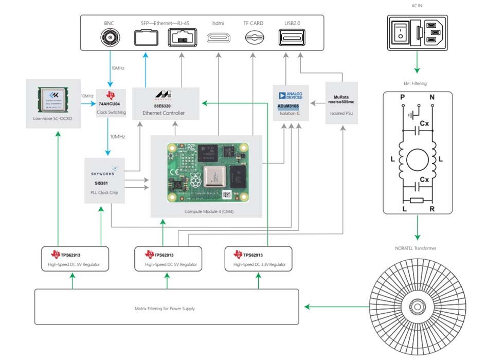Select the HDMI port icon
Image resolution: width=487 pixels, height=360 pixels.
[x=218, y=37]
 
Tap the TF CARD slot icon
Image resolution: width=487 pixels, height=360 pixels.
[x=252, y=37]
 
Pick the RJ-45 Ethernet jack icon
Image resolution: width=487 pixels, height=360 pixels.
[x=181, y=38]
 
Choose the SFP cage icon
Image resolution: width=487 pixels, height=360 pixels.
[x=146, y=38]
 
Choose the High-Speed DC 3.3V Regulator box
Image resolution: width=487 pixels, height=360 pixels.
[x=258, y=259]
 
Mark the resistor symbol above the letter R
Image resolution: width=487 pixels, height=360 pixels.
[x=417, y=200]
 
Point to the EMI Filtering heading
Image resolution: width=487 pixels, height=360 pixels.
[x=417, y=83]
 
